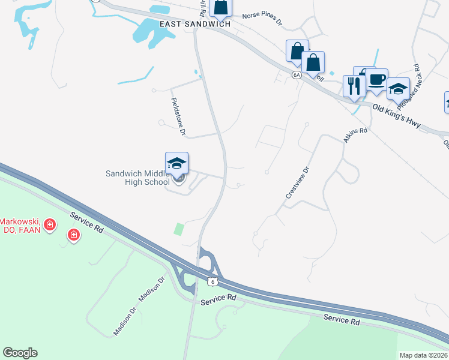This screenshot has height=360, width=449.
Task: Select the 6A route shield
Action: [x=297, y=75]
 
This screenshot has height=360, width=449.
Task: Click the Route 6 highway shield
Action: [x=212, y=281]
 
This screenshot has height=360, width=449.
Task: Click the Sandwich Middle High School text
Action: [x=137, y=178]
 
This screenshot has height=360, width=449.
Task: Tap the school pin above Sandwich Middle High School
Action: [x=176, y=163]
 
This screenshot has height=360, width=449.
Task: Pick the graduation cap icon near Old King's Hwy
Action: [x=397, y=89]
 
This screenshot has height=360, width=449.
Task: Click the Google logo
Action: [x=20, y=353]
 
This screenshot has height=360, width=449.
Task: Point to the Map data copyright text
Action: [x=424, y=355]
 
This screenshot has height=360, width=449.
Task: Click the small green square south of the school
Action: [x=179, y=229]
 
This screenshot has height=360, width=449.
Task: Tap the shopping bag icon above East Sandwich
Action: [x=221, y=7]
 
